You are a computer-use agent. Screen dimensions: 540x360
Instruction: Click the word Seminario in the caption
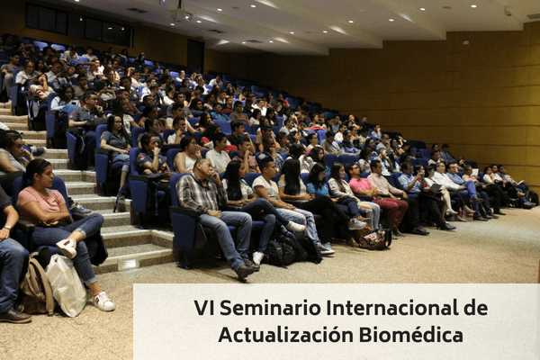click(270, 308)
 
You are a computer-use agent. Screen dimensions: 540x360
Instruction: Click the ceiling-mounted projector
click(180, 13)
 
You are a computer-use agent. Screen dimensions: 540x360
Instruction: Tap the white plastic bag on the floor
click(66, 285)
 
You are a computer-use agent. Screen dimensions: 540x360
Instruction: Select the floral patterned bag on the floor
click(374, 239)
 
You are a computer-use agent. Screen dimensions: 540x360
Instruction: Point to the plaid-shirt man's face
click(204, 169)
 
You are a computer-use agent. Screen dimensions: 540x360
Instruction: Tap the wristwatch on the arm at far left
click(7, 227)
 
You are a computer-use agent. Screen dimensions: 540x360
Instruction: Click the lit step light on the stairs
click(128, 264)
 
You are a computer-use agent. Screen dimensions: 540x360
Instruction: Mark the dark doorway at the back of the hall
click(195, 55)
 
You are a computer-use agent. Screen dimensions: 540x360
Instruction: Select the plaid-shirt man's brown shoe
click(245, 272)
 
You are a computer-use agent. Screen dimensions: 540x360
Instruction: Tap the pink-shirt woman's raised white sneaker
click(67, 247)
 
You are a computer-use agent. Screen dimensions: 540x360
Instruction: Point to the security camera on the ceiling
click(508, 12)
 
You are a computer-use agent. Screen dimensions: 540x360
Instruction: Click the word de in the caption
click(475, 308)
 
